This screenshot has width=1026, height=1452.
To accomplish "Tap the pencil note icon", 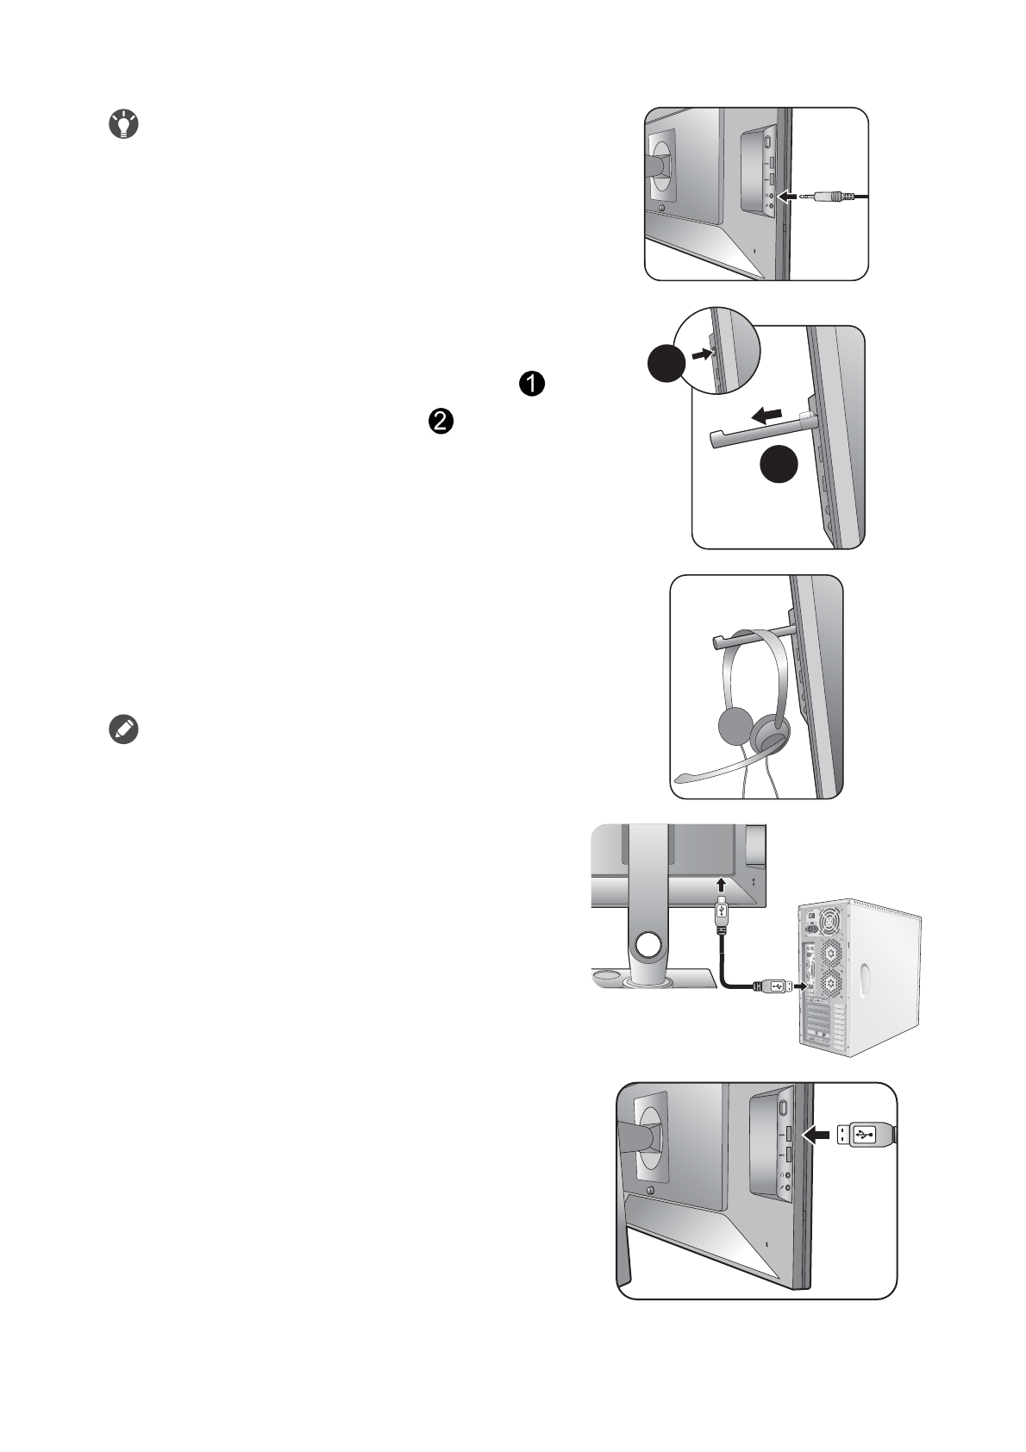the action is click(x=124, y=729).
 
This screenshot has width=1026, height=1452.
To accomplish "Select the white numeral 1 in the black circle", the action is click(x=532, y=385).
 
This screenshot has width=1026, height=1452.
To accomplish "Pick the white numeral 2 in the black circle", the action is click(x=439, y=421).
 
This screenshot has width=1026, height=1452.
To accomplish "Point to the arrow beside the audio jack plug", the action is click(x=790, y=197).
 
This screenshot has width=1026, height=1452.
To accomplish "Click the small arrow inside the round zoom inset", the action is click(x=703, y=353).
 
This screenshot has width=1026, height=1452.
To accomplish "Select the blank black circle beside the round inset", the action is click(x=666, y=366).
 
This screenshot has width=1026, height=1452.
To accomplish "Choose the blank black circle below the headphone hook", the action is click(x=779, y=466).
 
